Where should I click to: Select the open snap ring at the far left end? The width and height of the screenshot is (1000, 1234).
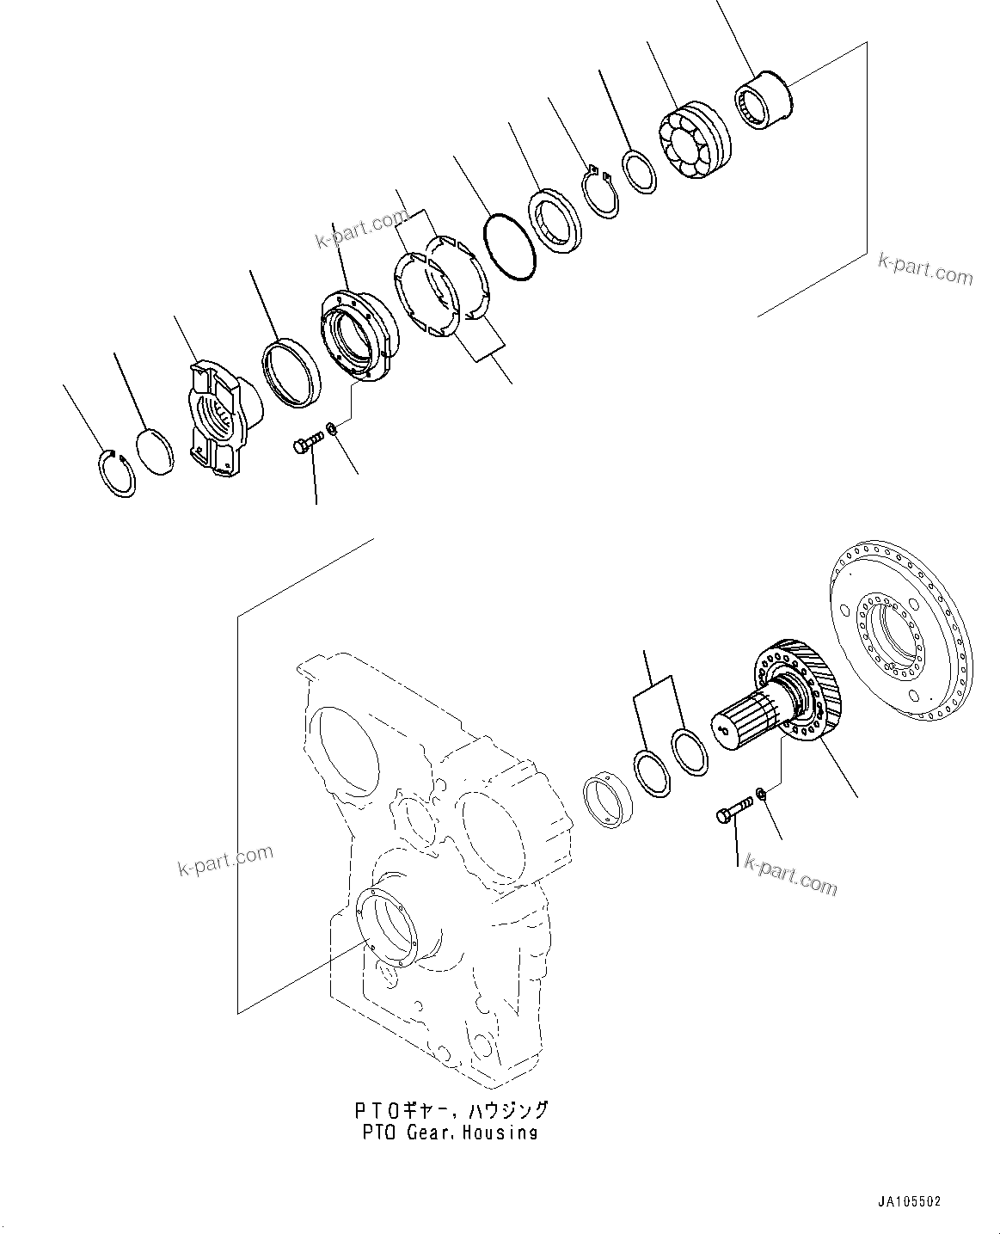point(114,473)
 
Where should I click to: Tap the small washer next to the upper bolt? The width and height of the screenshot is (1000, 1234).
point(332,428)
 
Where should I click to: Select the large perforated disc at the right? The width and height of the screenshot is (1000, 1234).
point(890,635)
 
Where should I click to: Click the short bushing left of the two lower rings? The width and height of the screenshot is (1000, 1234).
point(607,800)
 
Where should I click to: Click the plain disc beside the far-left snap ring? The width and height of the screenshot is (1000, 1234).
point(156,451)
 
